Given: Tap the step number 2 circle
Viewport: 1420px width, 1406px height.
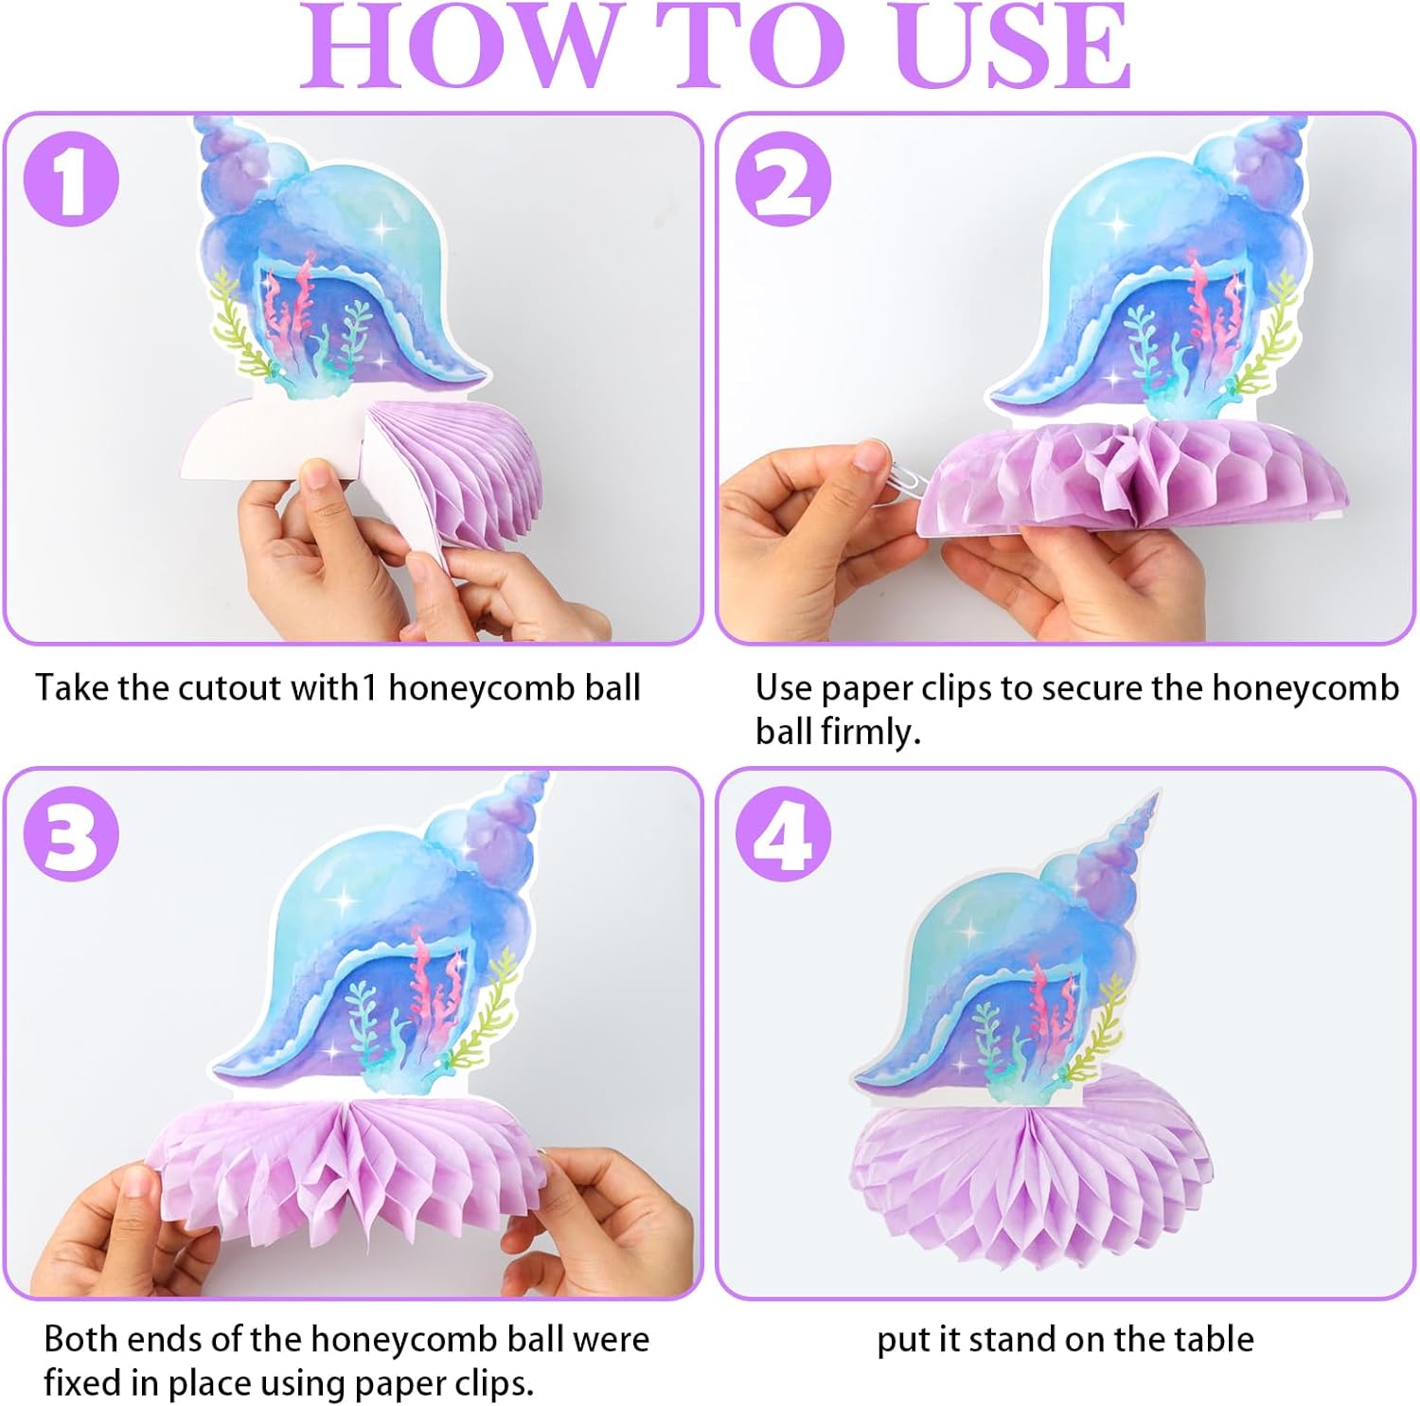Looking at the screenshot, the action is pyautogui.click(x=783, y=179).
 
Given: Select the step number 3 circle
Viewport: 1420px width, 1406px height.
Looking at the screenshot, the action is pyautogui.click(x=71, y=834).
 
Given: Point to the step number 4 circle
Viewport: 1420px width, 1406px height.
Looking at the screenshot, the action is pyautogui.click(x=783, y=834).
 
